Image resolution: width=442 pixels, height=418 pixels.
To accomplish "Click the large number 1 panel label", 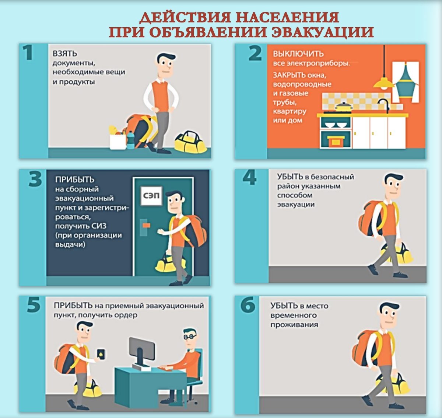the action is click(28, 53).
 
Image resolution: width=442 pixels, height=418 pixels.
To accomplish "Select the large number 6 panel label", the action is click(248, 304).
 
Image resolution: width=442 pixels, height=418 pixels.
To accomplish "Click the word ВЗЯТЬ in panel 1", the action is click(65, 54).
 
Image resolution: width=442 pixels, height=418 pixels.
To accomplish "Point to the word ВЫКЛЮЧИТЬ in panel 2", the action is click(298, 54).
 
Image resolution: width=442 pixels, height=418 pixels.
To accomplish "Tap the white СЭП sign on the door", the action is click(151, 196).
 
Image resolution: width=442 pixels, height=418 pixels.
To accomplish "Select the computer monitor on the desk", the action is click(141, 350).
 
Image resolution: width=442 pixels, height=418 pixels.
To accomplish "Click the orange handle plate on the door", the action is click(146, 226).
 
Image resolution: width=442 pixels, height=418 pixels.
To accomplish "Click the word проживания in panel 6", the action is click(294, 325).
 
